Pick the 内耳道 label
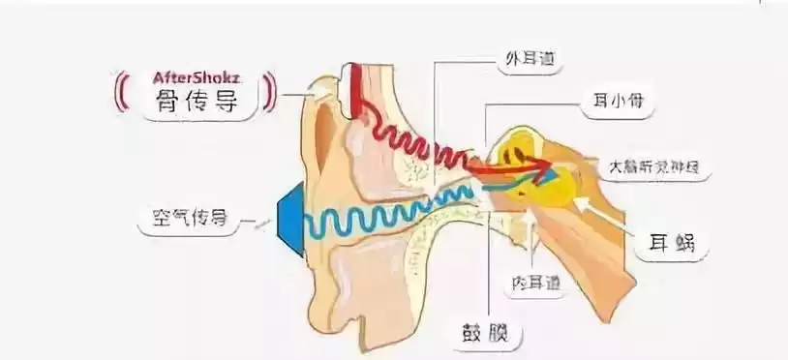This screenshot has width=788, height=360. coord(539,284)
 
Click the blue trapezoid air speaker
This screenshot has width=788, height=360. coord(289,222)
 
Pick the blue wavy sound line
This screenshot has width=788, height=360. coord(387,218)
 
